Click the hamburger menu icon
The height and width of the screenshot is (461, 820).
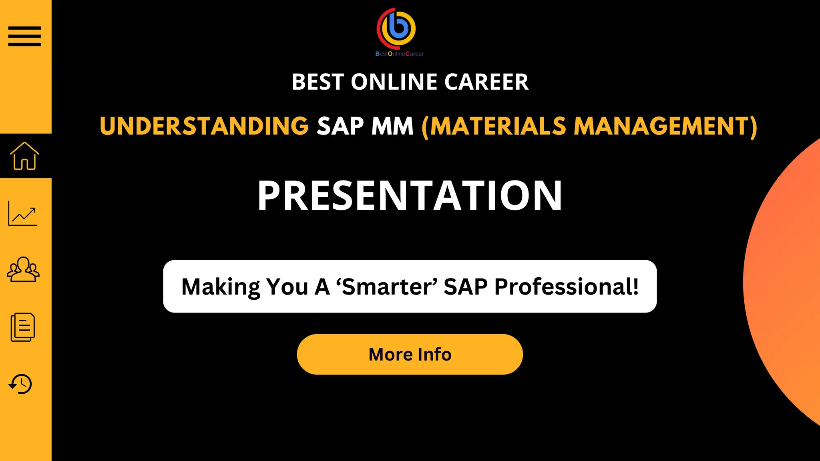tap(25, 36)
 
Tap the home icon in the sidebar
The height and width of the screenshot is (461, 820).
tap(25, 156)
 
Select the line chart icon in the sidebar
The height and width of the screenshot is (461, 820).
tap(23, 214)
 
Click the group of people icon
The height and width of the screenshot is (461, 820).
tap(23, 269)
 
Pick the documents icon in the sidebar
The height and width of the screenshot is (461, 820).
tap(23, 327)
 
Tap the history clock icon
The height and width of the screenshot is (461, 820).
tap(20, 384)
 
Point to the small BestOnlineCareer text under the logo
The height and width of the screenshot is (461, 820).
tap(399, 54)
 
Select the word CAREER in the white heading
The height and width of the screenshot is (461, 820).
tap(486, 82)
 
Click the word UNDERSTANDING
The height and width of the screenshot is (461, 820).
tap(204, 126)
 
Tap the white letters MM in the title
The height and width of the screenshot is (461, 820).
tap(392, 126)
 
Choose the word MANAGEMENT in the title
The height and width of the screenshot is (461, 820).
tap(665, 126)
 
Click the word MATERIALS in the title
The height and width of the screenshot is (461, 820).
tap(498, 126)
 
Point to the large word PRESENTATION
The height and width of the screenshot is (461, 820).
tap(410, 196)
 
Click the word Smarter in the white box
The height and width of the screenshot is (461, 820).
tap(387, 287)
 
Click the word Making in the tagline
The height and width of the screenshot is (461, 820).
tap(221, 287)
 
